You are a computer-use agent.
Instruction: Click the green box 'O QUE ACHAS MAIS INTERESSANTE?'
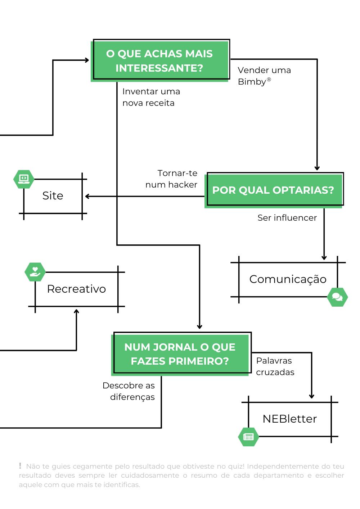click(x=159, y=60)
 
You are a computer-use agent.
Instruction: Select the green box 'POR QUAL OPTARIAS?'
click(x=273, y=190)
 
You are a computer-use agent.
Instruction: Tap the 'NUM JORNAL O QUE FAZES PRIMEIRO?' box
click(x=180, y=354)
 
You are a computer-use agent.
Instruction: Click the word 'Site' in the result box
click(x=53, y=195)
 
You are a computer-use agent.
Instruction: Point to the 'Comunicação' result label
click(x=288, y=279)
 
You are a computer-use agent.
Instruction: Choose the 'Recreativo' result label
click(x=76, y=289)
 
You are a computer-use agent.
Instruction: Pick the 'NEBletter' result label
click(x=289, y=419)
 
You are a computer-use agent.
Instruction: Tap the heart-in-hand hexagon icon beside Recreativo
click(x=35, y=272)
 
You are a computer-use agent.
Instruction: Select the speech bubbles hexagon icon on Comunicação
click(x=337, y=297)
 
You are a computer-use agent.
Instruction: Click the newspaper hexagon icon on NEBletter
click(x=248, y=437)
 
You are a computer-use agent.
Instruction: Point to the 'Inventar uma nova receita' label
click(x=151, y=97)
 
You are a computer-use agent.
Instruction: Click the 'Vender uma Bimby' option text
click(x=264, y=76)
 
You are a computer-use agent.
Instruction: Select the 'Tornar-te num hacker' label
click(x=172, y=179)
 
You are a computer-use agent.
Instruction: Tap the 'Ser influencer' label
click(x=287, y=218)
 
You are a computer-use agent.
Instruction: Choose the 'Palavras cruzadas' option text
click(x=275, y=366)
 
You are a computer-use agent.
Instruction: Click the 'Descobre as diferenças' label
click(x=129, y=391)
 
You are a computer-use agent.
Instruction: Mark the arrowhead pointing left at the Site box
click(x=87, y=196)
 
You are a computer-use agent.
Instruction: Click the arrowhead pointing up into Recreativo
click(x=76, y=311)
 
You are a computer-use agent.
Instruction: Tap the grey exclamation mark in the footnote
click(x=20, y=466)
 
